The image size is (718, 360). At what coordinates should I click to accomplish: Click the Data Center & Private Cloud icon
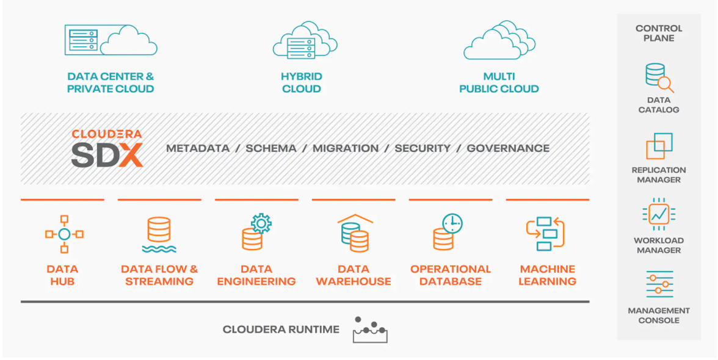[111, 40]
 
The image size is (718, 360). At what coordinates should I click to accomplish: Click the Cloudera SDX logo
[107, 148]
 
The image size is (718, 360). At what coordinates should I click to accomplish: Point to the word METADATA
[198, 148]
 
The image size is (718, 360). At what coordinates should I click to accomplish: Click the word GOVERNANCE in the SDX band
[508, 148]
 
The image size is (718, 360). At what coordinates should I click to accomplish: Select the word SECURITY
[422, 148]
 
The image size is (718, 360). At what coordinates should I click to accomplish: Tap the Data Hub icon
[64, 234]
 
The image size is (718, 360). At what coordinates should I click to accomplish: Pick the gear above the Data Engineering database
[261, 223]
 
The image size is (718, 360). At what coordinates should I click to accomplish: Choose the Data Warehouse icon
[355, 233]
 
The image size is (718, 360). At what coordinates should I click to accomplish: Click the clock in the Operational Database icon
[452, 224]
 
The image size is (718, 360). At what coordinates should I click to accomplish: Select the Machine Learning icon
[545, 234]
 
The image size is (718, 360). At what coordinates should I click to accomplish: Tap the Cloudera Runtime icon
[371, 329]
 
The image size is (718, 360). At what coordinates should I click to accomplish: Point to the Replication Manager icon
[659, 146]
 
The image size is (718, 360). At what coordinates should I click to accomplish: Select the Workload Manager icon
[659, 215]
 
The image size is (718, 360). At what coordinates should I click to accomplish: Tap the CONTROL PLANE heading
[659, 33]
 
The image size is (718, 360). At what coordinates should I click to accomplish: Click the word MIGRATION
[346, 148]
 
